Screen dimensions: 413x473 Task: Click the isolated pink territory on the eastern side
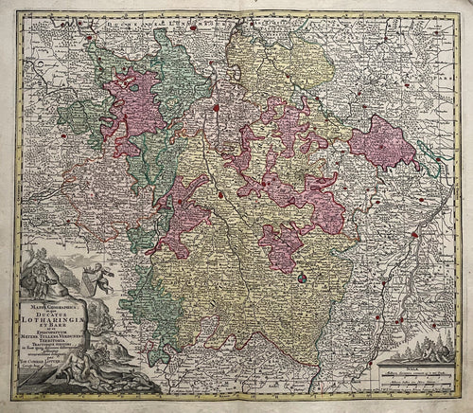coord(382,142)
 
